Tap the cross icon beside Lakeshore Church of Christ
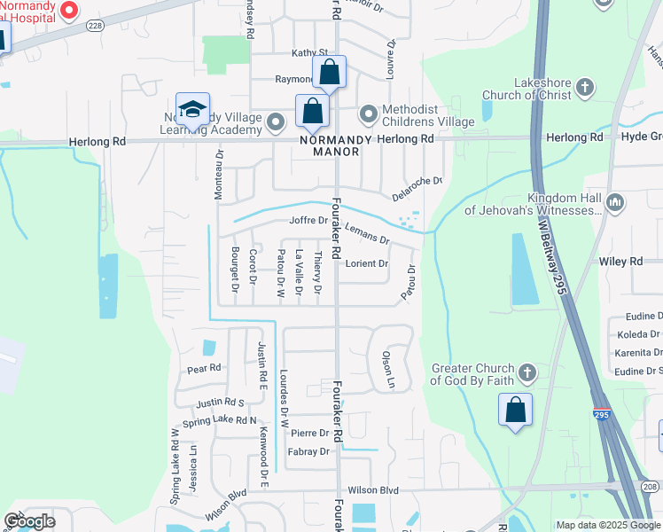coord(584,87)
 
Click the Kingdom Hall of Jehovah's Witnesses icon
coord(616,204)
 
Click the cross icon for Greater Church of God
coord(527,372)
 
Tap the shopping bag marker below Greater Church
coord(515,411)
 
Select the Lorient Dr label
coord(367,263)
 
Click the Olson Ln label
coord(387,370)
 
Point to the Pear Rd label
coord(204,368)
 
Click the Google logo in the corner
coord(29,521)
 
